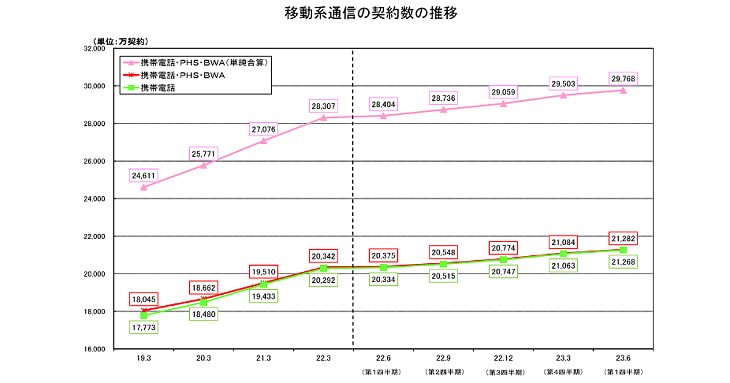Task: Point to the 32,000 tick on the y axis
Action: click(x=94, y=49)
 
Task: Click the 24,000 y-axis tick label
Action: click(x=94, y=199)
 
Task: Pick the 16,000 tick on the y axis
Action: click(x=94, y=349)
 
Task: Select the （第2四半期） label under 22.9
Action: click(x=443, y=371)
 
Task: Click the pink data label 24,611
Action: click(x=144, y=176)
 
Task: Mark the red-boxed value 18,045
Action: click(x=144, y=298)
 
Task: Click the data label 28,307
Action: click(x=323, y=106)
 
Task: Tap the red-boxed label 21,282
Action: click(x=624, y=237)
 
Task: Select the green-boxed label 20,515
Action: click(x=443, y=275)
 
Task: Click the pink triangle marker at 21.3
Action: click(x=263, y=140)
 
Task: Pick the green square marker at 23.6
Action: click(x=624, y=249)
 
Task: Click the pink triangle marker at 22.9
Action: click(x=443, y=109)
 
